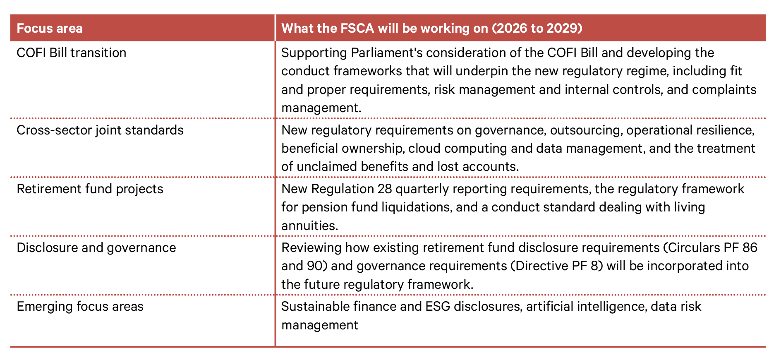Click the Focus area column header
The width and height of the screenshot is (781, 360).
coord(50,28)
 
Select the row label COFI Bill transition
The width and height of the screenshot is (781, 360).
coord(72,53)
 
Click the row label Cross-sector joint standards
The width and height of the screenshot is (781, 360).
coord(100,130)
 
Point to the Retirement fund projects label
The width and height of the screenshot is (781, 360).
coord(90,189)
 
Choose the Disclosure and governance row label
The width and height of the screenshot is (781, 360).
coord(96,248)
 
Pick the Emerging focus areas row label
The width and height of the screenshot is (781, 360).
coord(80,307)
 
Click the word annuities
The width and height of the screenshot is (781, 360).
coord(310,226)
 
